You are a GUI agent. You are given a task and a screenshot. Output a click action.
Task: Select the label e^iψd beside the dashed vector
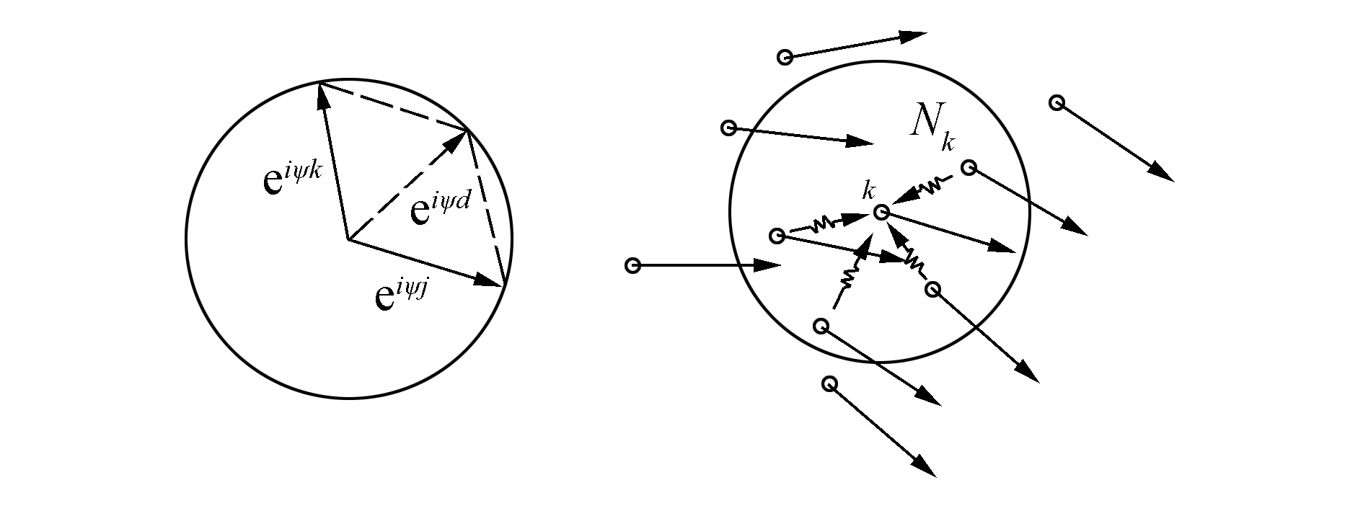(x=440, y=209)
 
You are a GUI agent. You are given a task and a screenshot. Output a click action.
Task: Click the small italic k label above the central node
(x=869, y=191)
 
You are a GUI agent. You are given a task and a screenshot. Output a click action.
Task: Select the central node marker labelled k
(x=881, y=212)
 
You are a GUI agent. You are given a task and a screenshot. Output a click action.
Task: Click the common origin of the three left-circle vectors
(x=348, y=239)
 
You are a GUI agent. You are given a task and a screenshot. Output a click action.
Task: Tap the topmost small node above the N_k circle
(x=785, y=57)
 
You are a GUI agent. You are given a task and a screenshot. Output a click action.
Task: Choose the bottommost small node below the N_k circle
(x=829, y=383)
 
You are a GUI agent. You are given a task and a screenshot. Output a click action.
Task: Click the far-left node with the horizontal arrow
(x=632, y=266)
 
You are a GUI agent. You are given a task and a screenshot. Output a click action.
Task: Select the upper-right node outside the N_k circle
(x=1057, y=102)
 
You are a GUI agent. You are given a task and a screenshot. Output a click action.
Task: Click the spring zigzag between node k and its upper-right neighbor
(x=932, y=185)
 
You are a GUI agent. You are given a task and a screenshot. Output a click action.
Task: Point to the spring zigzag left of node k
(x=822, y=226)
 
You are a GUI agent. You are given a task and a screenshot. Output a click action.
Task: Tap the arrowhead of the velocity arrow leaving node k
(x=1002, y=246)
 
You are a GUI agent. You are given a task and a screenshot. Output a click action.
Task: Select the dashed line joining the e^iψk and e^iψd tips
(x=394, y=107)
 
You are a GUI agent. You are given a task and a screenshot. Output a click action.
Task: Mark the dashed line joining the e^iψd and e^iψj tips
(x=486, y=208)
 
